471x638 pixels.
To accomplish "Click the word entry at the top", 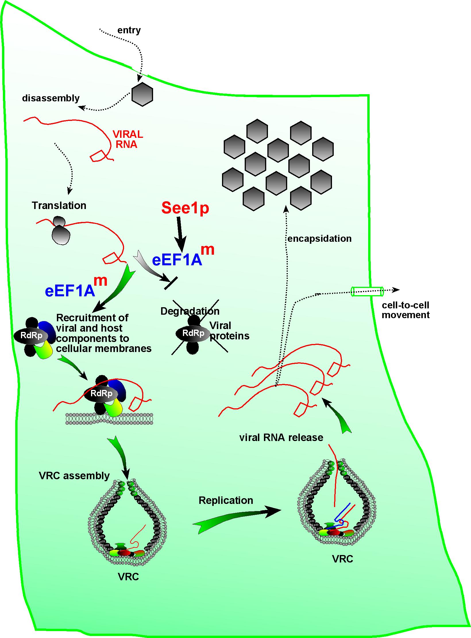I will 129,30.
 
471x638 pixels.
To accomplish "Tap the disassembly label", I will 51,98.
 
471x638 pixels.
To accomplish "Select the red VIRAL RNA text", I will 128,139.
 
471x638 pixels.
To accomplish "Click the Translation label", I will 59,206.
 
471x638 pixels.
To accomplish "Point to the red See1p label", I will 185,208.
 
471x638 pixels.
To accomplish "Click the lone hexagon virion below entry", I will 142,94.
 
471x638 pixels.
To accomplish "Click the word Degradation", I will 190,311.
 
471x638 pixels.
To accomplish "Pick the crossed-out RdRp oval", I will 193,333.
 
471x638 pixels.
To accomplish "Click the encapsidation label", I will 319,239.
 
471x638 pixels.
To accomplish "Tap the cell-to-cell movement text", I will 405,310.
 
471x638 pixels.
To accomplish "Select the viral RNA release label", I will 281,438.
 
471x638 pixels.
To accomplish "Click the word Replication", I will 226,500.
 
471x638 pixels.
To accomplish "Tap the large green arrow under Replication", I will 235,519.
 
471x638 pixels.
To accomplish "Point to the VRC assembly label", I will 74,476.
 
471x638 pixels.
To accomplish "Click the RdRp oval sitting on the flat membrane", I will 101,393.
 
